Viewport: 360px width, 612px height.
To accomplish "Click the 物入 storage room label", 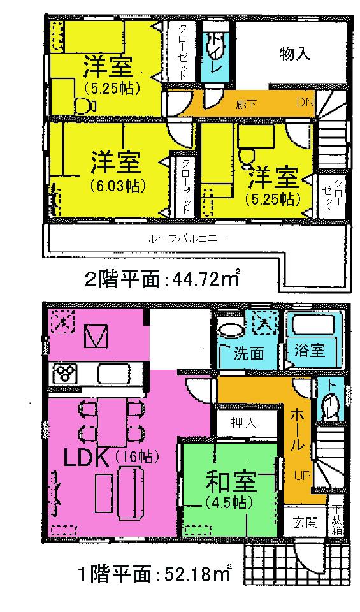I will [x=294, y=54].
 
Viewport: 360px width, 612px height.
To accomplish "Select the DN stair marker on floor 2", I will [x=305, y=103].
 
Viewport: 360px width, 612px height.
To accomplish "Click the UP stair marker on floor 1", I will [x=301, y=475].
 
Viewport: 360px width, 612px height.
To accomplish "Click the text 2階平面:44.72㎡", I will [x=162, y=279].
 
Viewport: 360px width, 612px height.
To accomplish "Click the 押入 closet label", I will [x=243, y=423].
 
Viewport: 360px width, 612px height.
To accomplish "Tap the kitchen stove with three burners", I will [x=64, y=371].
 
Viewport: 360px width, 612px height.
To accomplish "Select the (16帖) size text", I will [x=136, y=457].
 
